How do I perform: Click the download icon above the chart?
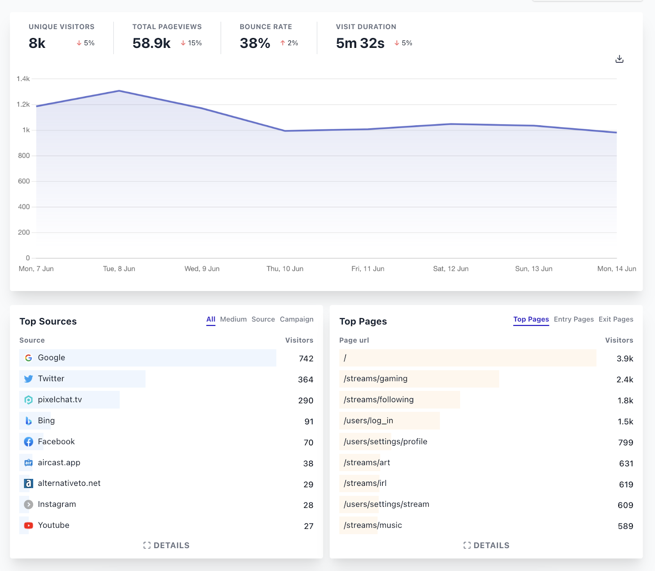coord(619,59)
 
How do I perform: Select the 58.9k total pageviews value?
coord(151,43)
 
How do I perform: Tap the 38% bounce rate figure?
coord(255,43)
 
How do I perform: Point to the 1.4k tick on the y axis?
coord(23,79)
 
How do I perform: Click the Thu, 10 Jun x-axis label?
coord(285,269)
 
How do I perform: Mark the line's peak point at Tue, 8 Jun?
coord(119,91)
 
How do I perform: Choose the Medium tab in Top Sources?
coord(233,319)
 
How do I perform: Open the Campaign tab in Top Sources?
coord(297,319)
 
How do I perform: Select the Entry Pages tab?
coord(574,319)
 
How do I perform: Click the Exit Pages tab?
coord(616,319)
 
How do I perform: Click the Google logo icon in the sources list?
coord(28,358)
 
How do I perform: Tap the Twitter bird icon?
coord(28,379)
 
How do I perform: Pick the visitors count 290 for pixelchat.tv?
coord(306,401)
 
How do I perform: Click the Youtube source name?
coord(54,525)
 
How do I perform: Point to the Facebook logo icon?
coord(28,442)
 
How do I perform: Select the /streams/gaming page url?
coord(376,379)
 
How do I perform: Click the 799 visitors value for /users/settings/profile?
coord(626,442)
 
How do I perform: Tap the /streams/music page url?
coord(373,525)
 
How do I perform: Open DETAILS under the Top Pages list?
coord(486,545)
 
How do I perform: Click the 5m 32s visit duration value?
coord(360,43)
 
